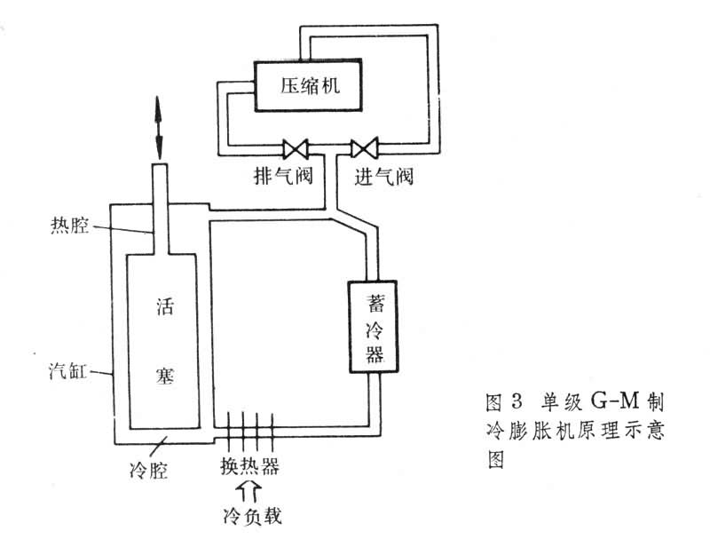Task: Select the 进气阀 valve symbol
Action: point(364,147)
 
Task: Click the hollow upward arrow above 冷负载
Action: point(246,489)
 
